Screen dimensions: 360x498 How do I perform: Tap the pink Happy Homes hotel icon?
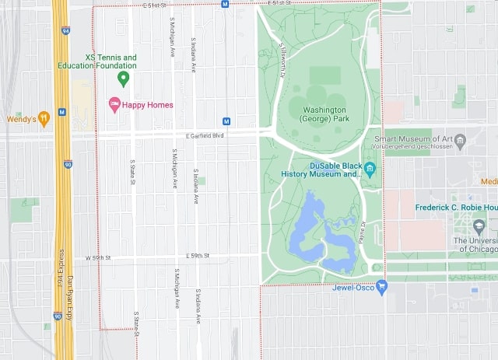(x=114, y=105)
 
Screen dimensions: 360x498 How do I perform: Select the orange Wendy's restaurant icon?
(x=44, y=119)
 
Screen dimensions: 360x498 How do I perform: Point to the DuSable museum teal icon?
(x=370, y=169)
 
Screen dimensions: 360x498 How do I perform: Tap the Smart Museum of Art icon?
(x=460, y=142)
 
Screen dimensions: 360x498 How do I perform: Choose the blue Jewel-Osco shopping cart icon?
(x=381, y=287)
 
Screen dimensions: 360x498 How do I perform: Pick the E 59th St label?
(x=199, y=255)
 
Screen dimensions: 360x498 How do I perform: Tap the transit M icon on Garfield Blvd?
(x=226, y=121)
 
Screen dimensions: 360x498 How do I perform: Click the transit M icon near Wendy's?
(x=62, y=114)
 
